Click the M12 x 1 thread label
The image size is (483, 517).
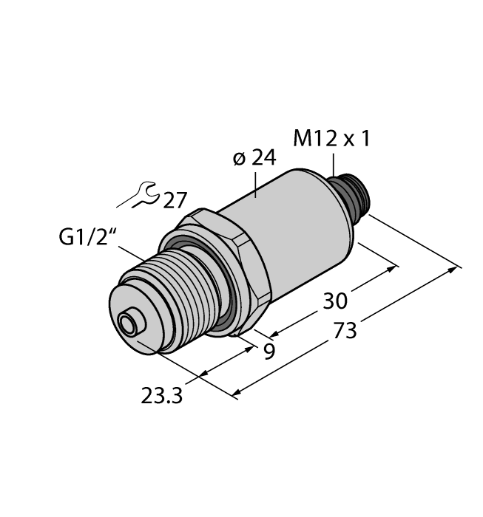tap(331, 139)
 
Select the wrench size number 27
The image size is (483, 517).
tap(175, 200)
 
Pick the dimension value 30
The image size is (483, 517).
tap(335, 301)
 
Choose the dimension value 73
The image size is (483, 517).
tap(345, 332)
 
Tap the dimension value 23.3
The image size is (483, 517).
tap(162, 396)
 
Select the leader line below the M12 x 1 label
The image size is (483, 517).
tap(334, 165)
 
